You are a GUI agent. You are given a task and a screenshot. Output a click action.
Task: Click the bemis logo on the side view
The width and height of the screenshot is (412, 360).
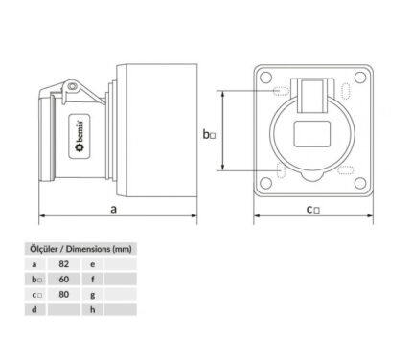click(80, 137)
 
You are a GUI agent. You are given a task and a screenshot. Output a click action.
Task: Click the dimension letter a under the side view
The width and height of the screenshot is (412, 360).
click(113, 210)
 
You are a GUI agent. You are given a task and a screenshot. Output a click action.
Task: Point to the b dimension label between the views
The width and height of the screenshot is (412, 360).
click(209, 134)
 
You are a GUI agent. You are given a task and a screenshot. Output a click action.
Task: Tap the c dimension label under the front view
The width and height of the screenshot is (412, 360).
click(313, 210)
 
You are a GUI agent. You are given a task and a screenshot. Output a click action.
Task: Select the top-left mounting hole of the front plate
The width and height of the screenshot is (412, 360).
click(265, 78)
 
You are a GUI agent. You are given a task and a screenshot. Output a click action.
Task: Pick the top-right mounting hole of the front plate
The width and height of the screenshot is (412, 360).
click(360, 78)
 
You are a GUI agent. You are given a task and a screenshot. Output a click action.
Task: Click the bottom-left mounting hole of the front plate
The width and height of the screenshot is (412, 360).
click(265, 183)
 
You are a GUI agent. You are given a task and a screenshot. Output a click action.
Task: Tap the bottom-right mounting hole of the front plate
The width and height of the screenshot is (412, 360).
click(360, 183)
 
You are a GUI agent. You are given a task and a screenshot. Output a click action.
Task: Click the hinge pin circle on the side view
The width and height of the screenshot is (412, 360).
click(73, 86)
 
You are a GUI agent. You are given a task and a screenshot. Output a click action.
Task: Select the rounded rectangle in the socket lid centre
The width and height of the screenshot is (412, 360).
click(311, 134)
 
